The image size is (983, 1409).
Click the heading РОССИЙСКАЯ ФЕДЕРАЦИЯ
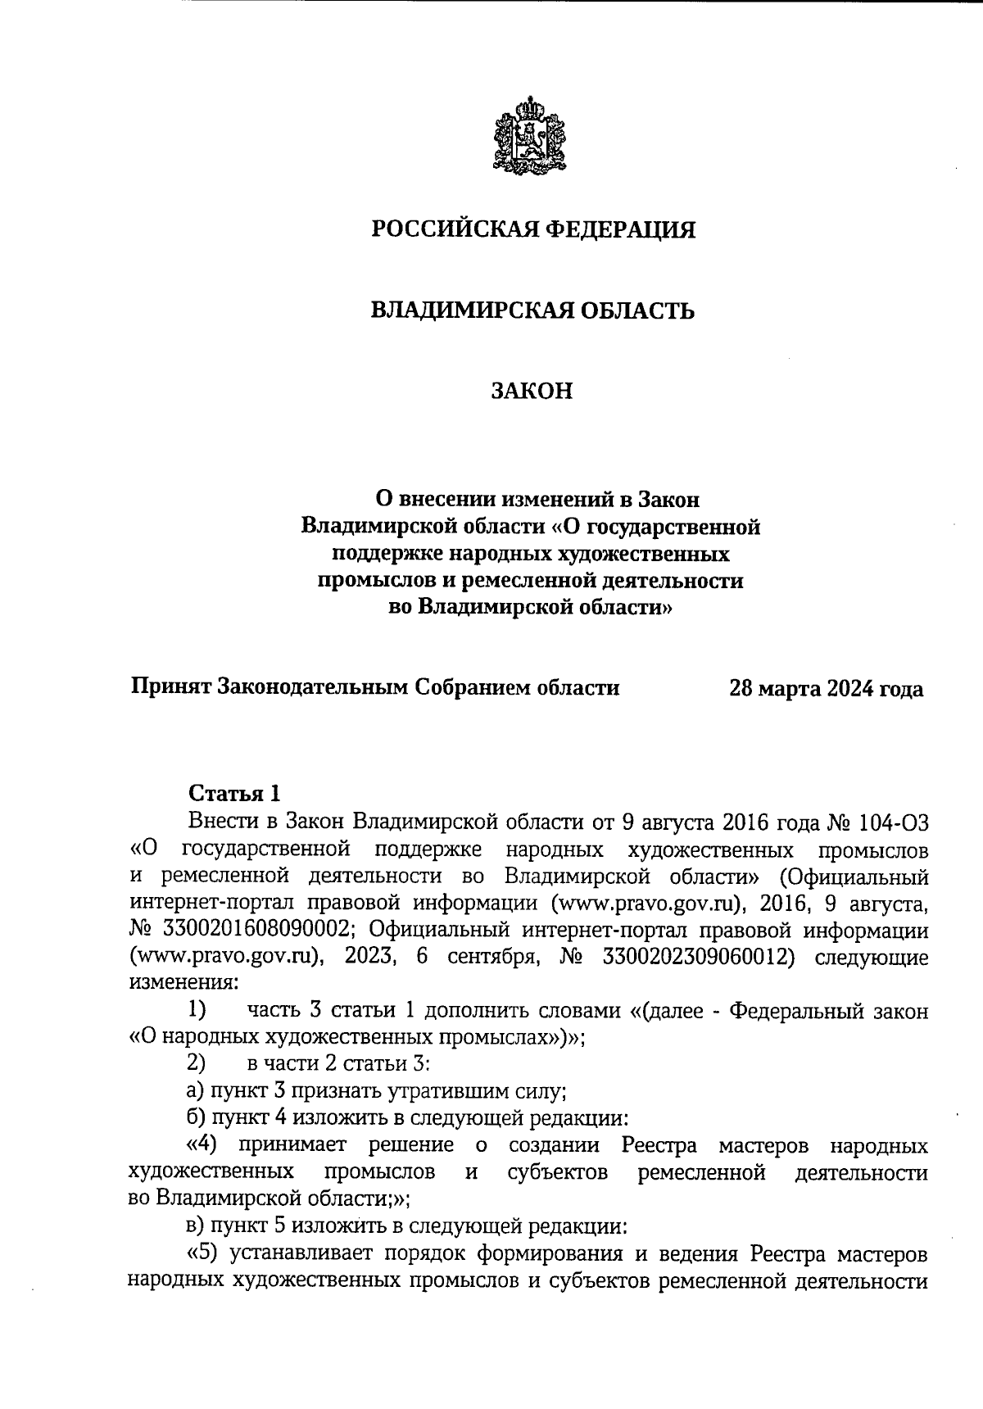tap(533, 229)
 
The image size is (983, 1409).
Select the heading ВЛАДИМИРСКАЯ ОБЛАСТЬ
tap(533, 310)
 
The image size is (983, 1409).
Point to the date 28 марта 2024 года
tap(826, 688)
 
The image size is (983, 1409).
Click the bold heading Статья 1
tap(234, 793)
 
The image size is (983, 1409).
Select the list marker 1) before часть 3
tap(197, 1010)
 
